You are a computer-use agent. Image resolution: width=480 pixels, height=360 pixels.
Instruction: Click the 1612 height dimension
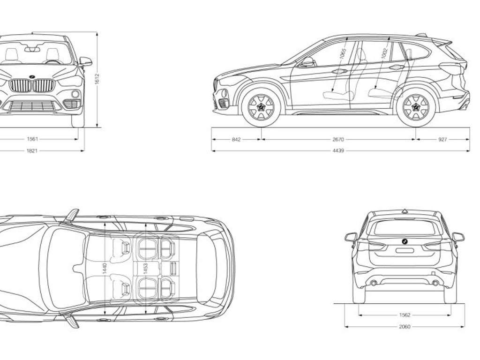97,80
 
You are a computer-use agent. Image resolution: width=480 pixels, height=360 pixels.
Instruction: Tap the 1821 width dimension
32,151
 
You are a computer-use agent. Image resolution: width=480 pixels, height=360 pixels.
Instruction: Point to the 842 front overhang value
236,139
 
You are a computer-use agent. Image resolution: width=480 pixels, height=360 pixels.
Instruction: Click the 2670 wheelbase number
338,139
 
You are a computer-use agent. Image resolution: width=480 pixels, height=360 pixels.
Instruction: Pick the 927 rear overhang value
442,139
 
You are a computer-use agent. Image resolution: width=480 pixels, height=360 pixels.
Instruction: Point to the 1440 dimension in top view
105,268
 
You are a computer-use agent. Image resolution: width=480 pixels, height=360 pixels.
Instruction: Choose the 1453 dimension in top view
146,268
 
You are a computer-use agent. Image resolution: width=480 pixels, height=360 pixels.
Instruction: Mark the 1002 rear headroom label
384,54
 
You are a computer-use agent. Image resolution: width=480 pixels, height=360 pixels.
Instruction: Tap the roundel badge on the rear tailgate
404,240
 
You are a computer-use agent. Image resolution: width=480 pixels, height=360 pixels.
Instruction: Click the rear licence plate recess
404,250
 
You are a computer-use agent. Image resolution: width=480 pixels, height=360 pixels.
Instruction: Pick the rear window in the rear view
404,227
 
